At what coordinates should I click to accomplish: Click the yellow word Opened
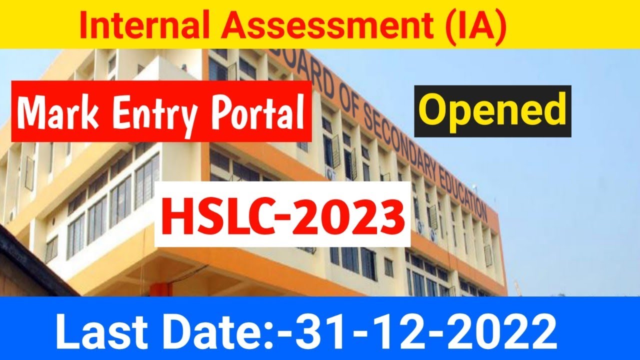click(x=492, y=110)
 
